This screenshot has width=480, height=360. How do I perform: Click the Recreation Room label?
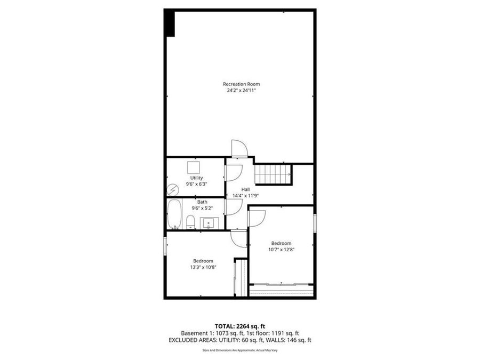242,84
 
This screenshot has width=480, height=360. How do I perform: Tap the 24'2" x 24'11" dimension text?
242,91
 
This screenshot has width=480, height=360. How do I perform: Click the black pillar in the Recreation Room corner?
170,23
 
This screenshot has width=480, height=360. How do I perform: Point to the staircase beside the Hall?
273,173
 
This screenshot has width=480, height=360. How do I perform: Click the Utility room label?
196,178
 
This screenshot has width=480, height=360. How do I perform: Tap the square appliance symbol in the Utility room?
193,166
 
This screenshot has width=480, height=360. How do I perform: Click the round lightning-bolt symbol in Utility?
172,189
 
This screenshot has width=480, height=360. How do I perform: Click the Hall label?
245,189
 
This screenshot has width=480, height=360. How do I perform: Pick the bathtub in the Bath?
174,214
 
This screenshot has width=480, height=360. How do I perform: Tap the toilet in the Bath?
190,222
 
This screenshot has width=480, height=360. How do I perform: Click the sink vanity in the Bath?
209,222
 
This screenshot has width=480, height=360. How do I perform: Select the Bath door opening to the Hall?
233,208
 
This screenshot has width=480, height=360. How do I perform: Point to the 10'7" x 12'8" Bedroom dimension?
281,249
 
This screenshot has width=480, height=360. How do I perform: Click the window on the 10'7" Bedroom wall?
315,222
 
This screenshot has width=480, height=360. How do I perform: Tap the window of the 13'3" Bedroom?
165,249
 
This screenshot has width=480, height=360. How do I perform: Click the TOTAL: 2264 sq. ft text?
240,325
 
